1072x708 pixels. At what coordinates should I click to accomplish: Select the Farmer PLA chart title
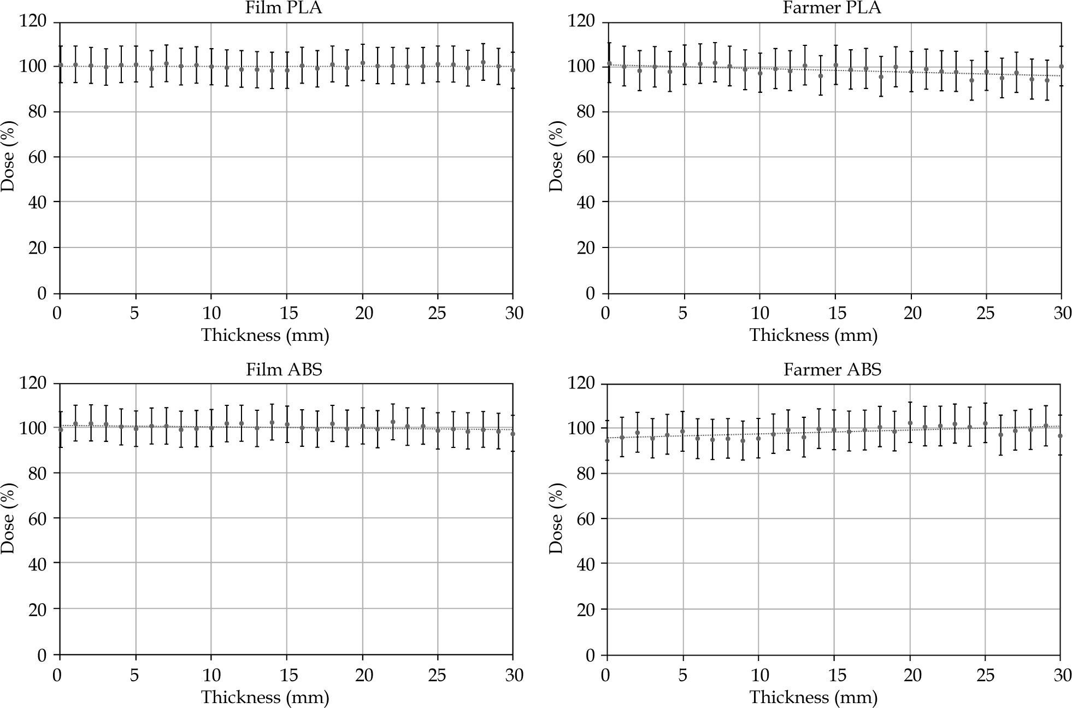tap(832, 8)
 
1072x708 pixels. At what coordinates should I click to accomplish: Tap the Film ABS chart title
tap(284, 370)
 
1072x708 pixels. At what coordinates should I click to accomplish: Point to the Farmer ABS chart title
tap(832, 370)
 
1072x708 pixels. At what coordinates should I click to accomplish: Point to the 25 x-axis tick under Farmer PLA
tap(986, 313)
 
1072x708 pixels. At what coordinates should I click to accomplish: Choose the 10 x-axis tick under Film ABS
tap(211, 675)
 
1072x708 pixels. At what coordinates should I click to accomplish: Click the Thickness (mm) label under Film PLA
tap(265, 335)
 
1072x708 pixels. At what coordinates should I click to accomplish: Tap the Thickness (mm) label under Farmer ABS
tap(813, 697)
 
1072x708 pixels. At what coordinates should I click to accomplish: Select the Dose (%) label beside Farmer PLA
tap(556, 157)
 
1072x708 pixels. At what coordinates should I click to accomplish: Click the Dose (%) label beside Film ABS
tap(8, 519)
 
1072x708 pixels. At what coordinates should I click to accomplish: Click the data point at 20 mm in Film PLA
tap(363, 63)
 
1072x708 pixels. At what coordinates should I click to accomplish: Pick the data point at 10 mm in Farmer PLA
tap(760, 73)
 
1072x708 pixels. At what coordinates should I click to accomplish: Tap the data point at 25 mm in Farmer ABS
tap(985, 423)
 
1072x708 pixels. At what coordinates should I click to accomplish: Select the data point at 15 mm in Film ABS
tap(287, 424)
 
